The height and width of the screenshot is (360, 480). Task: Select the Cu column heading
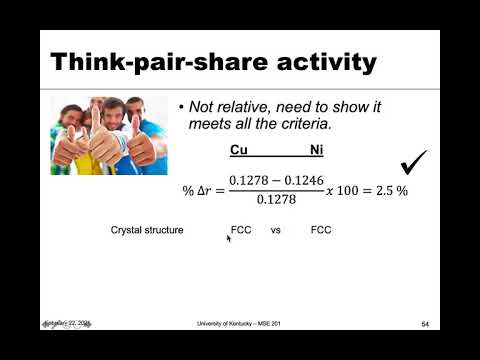pyautogui.click(x=239, y=152)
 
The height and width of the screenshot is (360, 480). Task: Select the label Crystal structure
pyautogui.click(x=147, y=230)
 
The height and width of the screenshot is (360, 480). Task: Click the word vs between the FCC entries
pyautogui.click(x=276, y=230)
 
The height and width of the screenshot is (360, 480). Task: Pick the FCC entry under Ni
pyautogui.click(x=321, y=230)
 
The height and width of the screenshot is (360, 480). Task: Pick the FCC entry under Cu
pyautogui.click(x=241, y=230)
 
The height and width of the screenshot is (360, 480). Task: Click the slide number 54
pyautogui.click(x=425, y=325)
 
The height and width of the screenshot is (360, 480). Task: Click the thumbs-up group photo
pyautogui.click(x=109, y=135)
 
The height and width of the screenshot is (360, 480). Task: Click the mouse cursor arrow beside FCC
pyautogui.click(x=229, y=239)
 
